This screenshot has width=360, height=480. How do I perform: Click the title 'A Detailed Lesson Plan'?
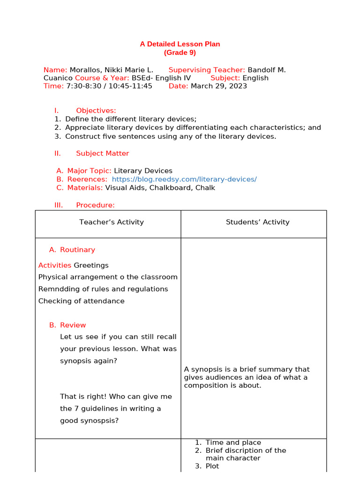click(x=180, y=44)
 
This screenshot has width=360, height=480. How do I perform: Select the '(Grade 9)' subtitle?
click(x=180, y=52)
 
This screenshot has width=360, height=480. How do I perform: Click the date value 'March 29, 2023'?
click(x=218, y=86)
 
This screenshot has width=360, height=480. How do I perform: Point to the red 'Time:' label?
click(x=53, y=86)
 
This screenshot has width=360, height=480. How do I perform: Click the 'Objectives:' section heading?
click(x=96, y=111)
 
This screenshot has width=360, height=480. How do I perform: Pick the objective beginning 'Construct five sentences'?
click(x=171, y=136)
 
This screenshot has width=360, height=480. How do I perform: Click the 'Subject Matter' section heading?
click(x=102, y=153)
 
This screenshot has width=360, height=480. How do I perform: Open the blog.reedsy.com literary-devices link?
click(x=184, y=179)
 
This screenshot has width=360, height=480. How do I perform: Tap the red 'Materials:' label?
click(x=85, y=187)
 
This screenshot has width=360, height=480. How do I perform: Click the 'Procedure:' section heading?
click(x=95, y=205)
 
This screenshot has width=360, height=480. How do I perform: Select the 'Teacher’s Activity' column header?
click(x=112, y=222)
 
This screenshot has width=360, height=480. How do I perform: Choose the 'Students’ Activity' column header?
click(x=257, y=222)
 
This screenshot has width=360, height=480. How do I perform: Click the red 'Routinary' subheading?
click(x=77, y=250)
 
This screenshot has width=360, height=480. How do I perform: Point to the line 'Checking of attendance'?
click(x=81, y=301)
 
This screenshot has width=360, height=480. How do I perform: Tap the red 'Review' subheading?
click(x=73, y=325)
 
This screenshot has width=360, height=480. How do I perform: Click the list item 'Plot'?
click(x=212, y=466)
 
